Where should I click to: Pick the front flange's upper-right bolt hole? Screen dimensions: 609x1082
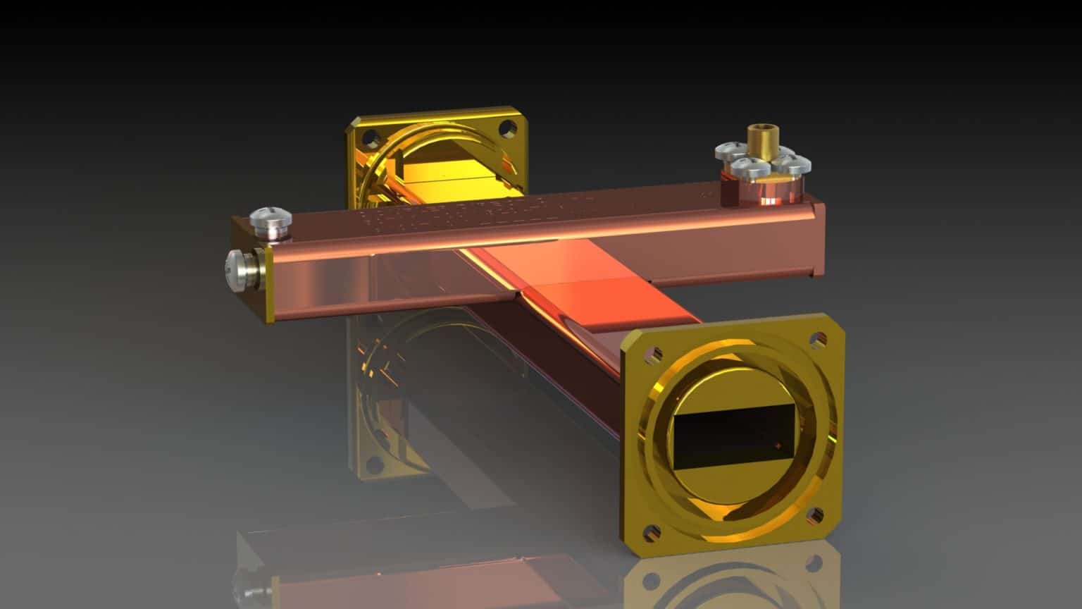(818, 339)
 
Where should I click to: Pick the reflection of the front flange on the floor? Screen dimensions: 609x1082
(733, 578)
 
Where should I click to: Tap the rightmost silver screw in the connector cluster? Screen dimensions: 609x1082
(794, 166)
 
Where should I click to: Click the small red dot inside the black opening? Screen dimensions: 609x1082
(777, 445)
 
